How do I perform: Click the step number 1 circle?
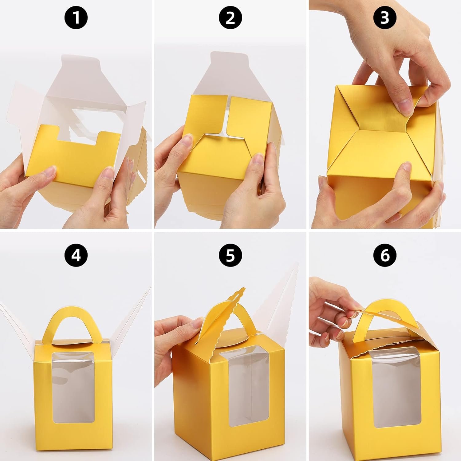(76, 18)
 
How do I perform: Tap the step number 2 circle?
(230, 18)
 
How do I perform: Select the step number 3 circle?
(384, 18)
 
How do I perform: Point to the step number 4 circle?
(76, 255)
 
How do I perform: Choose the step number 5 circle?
(230, 255)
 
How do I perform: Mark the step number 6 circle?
(384, 255)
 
